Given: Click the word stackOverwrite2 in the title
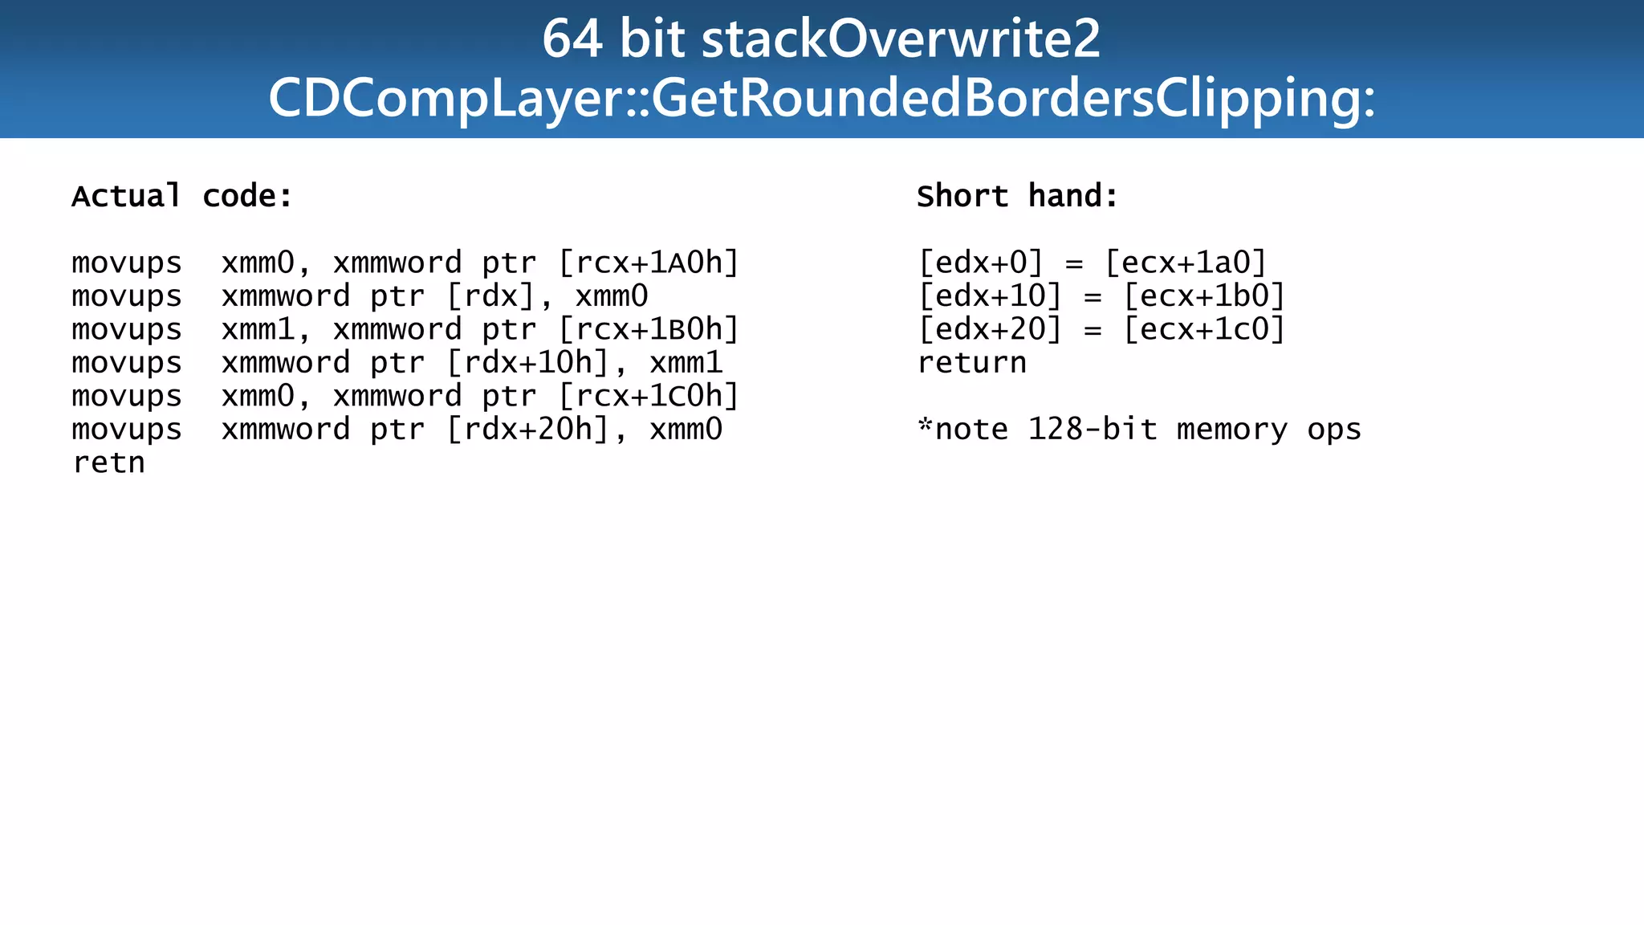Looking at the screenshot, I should click(901, 39).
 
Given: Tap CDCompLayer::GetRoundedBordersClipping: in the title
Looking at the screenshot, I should click(821, 98).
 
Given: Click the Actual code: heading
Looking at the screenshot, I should click(182, 196).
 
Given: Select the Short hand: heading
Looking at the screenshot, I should click(1017, 196).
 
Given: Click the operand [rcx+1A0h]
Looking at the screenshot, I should click(649, 263).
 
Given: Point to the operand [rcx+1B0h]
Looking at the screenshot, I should click(649, 329).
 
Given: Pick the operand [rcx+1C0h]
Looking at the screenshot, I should click(649, 396).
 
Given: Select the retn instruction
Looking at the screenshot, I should click(108, 462).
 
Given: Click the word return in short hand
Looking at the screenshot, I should click(971, 363).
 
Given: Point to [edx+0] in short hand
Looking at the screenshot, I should click(980, 263).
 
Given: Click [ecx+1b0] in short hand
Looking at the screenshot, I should click(1204, 296).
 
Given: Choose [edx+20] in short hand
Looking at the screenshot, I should click(989, 329).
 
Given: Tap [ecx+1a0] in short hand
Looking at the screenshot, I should click(1186, 263).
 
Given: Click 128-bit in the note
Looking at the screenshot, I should click(1093, 430).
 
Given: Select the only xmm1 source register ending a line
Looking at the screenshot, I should click(686, 363).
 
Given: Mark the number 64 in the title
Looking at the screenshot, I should click(572, 39).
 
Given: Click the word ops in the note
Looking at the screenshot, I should click(1333, 430).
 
